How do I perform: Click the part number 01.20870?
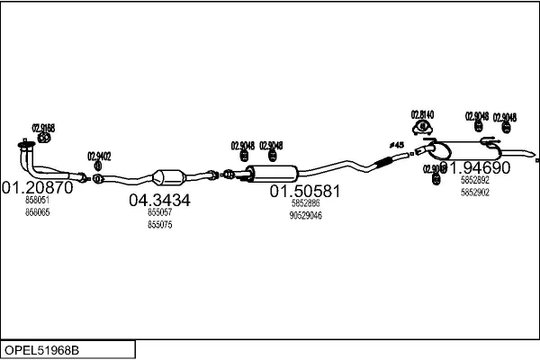pos(37,188)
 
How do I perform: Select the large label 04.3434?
pos(160,200)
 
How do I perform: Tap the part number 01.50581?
pos(305,191)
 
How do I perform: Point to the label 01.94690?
pos(474,167)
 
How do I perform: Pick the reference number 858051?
pos(37,202)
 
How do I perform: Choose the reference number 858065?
pos(37,212)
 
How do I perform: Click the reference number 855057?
pos(159,213)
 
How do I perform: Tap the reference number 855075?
pos(159,224)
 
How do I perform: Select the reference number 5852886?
pos(305,203)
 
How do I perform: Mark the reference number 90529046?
pos(305,215)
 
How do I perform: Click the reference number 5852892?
pos(474,181)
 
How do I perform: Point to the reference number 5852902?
pos(474,192)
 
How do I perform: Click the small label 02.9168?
pos(43,128)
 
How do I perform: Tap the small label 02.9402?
pos(99,156)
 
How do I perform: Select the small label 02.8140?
pos(422,114)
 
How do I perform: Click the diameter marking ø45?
pos(397,145)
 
